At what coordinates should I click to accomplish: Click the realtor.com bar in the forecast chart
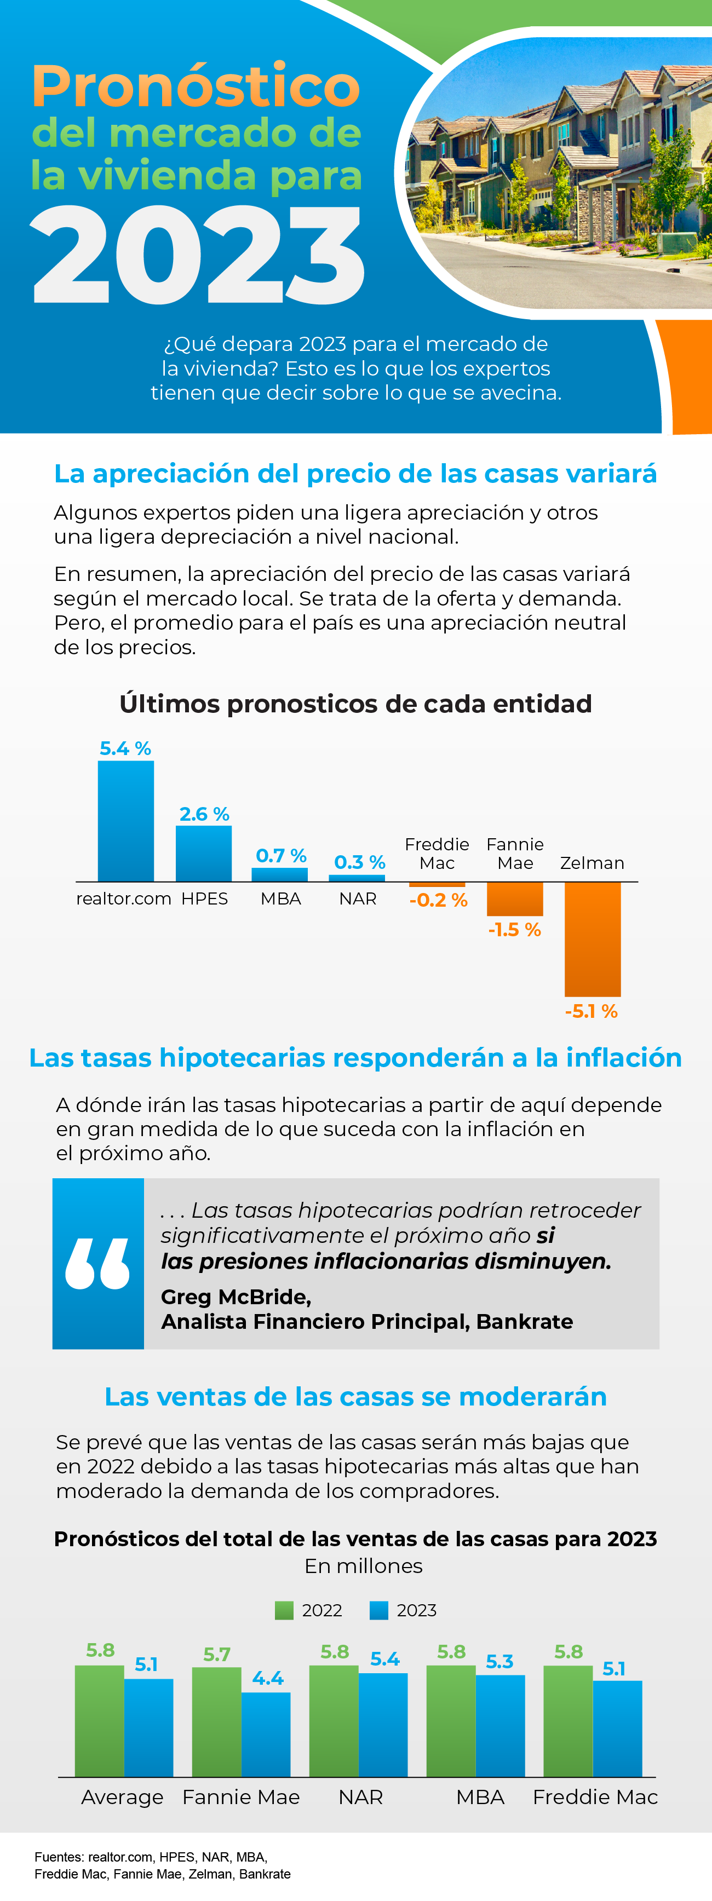[125, 821]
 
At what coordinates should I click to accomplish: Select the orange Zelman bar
[593, 938]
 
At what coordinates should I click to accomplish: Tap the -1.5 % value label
[514, 930]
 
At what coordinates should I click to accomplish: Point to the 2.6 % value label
[204, 814]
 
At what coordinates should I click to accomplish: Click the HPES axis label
[204, 899]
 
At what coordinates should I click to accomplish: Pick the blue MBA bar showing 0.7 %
[280, 874]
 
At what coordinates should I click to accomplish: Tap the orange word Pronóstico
[196, 87]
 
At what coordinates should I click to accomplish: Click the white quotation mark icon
[97, 1263]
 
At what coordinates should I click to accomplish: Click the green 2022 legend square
[284, 1610]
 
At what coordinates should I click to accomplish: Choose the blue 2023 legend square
[378, 1610]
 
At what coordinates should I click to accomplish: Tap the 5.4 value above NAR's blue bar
[384, 1660]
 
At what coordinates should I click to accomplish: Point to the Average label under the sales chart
[123, 1797]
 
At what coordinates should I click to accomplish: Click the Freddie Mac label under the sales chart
[595, 1797]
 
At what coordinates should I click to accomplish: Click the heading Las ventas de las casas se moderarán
[355, 1397]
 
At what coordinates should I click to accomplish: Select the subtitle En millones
[363, 1566]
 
